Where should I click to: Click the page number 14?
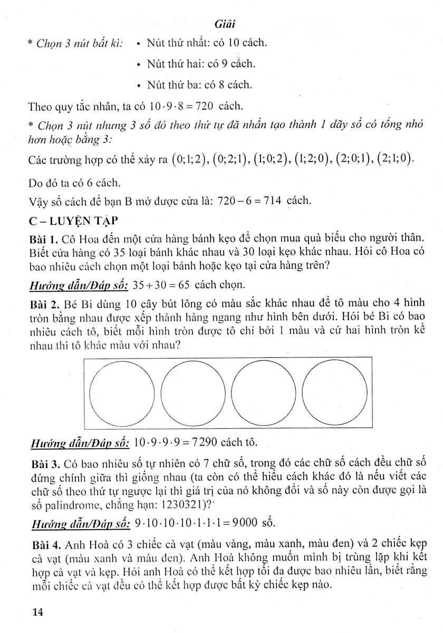click(37, 612)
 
